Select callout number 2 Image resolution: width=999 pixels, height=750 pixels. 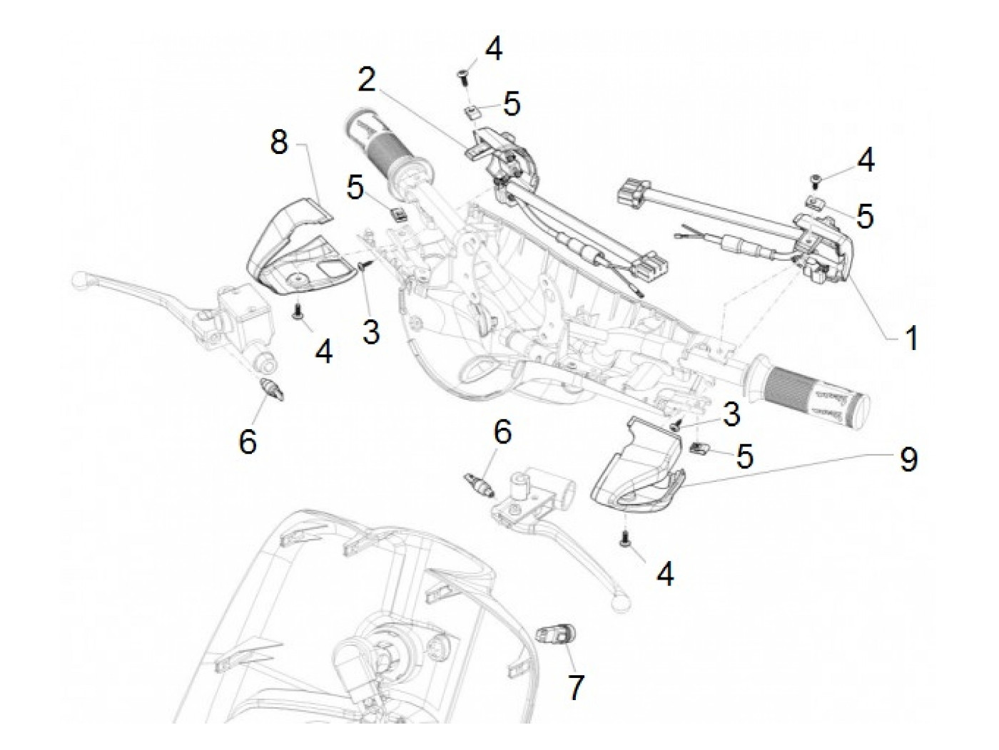367,80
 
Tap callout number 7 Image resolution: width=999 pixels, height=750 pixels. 575,688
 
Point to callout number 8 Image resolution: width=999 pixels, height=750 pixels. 279,142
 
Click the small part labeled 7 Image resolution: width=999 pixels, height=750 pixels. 556,634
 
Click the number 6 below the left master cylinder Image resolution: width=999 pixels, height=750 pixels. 247,442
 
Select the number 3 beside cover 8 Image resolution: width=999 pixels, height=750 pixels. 370,331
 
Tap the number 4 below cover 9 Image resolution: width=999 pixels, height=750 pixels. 664,574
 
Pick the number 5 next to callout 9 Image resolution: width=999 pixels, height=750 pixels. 744,456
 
